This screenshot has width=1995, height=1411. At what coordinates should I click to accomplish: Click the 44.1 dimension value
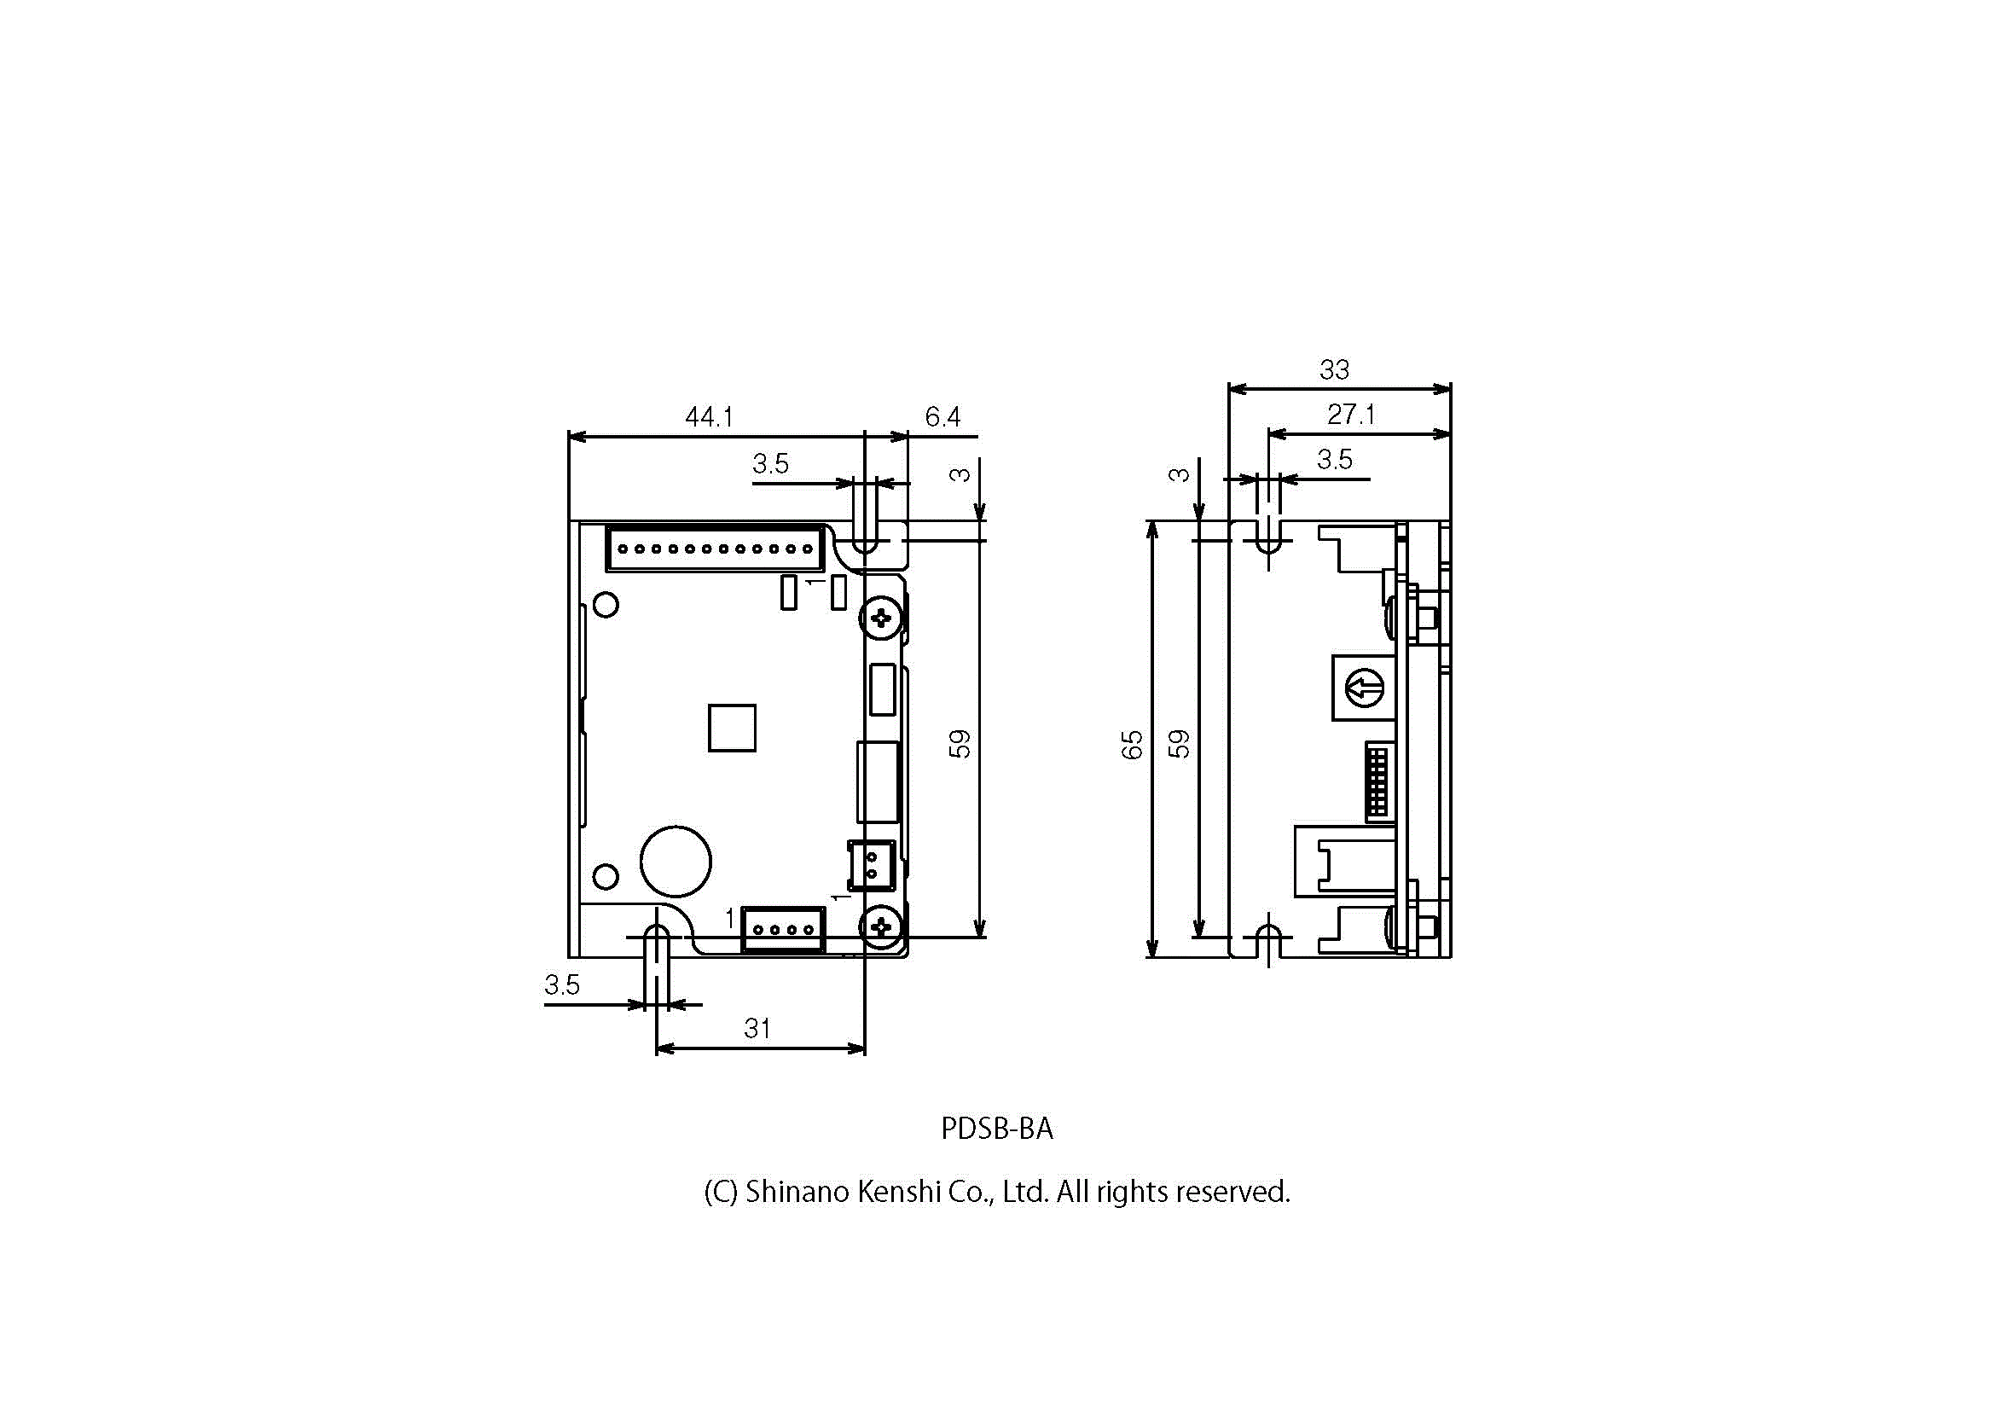click(x=709, y=417)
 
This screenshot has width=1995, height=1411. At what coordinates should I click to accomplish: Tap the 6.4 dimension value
click(x=942, y=417)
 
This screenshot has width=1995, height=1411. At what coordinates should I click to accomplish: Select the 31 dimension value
click(x=757, y=1029)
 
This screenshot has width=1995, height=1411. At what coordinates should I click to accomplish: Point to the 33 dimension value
click(x=1335, y=370)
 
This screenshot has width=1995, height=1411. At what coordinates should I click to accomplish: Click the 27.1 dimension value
click(x=1351, y=415)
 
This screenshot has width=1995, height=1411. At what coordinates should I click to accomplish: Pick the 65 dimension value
click(x=1132, y=745)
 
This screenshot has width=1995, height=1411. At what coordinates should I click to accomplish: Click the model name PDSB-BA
click(x=996, y=1129)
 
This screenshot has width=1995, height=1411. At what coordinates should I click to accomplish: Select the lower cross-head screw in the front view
click(x=881, y=926)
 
